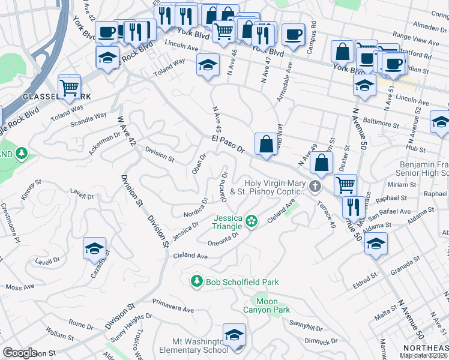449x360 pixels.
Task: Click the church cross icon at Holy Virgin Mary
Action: (x=315, y=185)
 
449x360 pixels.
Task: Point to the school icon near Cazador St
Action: (x=94, y=248)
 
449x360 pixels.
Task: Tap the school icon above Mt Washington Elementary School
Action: (x=234, y=335)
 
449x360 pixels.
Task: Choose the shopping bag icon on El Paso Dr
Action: (x=266, y=144)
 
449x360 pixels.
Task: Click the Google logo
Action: (x=20, y=353)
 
